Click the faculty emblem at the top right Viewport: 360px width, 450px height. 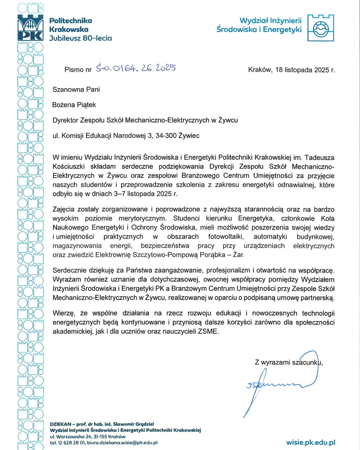tap(320, 27)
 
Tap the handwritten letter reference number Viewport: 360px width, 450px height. tap(135, 69)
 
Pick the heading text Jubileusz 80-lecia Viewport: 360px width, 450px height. tap(80, 38)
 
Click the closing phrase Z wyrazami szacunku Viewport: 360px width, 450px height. tap(288, 361)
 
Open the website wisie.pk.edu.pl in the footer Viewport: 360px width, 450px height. tap(310, 442)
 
